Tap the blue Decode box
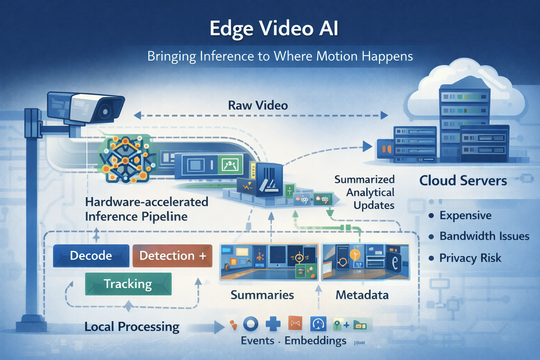(x=91, y=256)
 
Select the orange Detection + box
(x=172, y=256)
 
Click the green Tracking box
(x=128, y=284)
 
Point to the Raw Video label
(x=258, y=105)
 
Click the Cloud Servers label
(x=463, y=181)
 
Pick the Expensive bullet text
(x=465, y=215)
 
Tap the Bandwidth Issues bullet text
(x=484, y=236)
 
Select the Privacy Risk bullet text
(x=470, y=258)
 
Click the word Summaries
(x=262, y=295)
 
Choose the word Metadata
(x=362, y=295)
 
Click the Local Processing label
(x=132, y=327)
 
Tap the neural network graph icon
(x=126, y=159)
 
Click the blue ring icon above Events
(x=251, y=324)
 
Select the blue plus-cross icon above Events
(x=273, y=324)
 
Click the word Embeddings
(x=315, y=341)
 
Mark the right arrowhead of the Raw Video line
(x=384, y=115)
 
